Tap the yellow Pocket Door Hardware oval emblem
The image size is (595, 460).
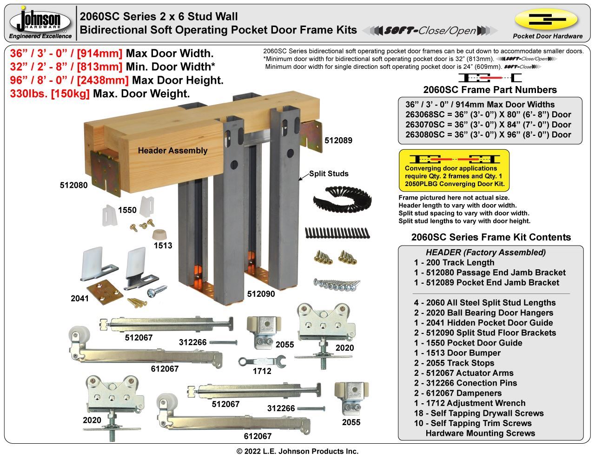[x=546, y=19]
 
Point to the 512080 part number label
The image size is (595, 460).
[x=73, y=185]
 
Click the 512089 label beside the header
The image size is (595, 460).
[x=338, y=140]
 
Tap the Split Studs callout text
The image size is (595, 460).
[x=329, y=173]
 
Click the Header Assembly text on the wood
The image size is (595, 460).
[x=172, y=150]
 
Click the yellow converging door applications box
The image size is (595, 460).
[x=454, y=169]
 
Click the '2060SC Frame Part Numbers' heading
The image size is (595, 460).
[x=489, y=90]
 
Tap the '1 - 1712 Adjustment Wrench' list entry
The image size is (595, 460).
[x=469, y=403]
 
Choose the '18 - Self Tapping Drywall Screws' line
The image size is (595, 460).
[x=479, y=413]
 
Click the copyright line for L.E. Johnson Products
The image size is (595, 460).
[x=297, y=451]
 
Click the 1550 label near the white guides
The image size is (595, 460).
[x=127, y=210]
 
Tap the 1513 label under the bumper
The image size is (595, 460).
[x=163, y=246]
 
